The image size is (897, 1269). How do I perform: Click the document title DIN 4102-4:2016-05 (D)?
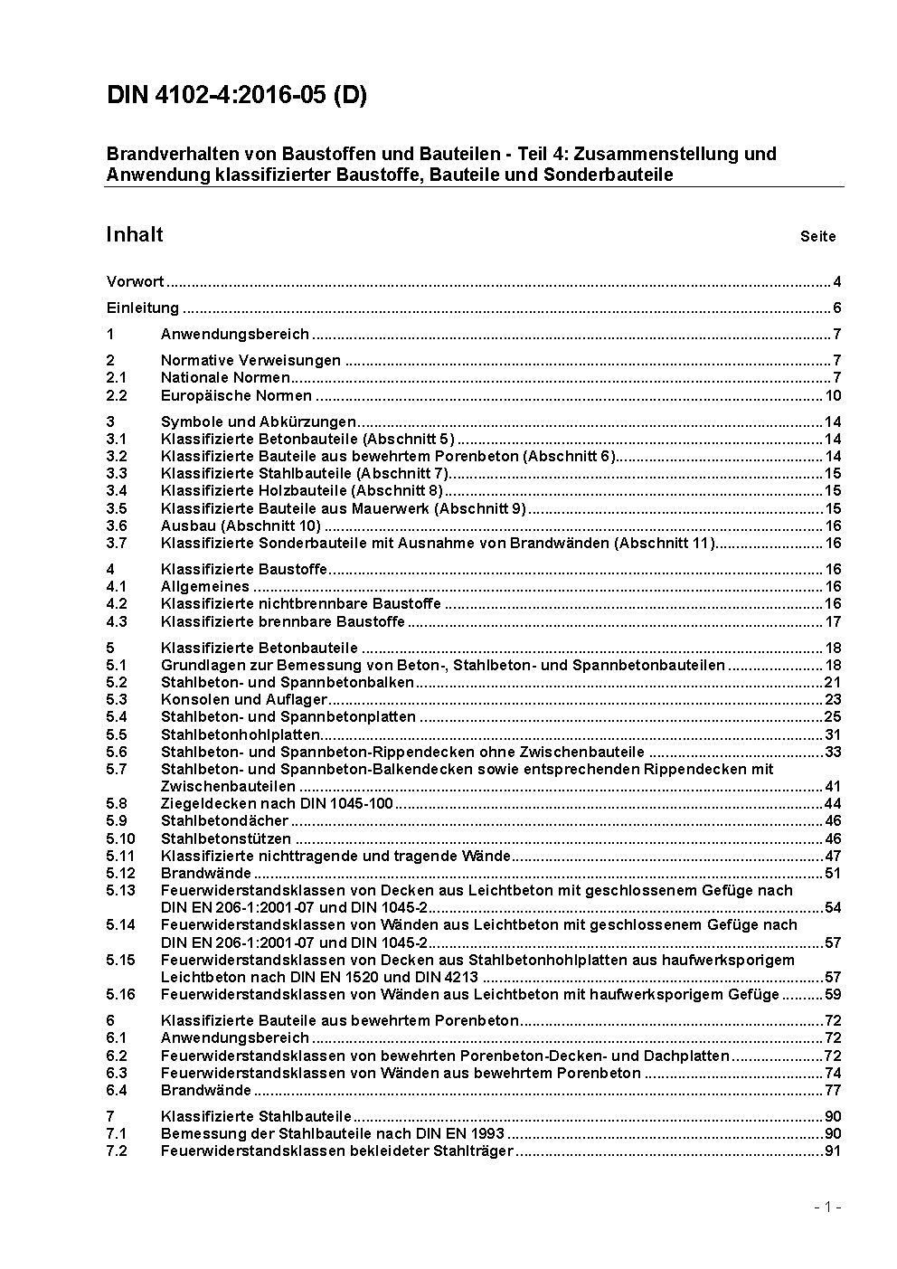[x=237, y=96]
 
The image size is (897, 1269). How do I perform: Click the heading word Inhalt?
[x=135, y=234]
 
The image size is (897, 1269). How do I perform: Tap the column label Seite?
[x=817, y=237]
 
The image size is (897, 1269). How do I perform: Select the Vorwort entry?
[x=135, y=281]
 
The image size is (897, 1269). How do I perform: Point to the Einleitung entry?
[x=142, y=308]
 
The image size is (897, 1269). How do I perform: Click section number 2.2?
[x=117, y=395]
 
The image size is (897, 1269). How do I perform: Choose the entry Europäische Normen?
[x=236, y=395]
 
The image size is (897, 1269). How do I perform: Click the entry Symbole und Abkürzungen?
[x=258, y=421]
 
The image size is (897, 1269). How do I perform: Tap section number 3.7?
[x=117, y=544]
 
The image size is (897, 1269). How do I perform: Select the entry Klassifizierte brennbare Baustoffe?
[x=282, y=621]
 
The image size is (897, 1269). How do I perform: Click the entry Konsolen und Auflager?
[x=243, y=699]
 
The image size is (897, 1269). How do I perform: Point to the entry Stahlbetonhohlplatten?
[x=240, y=734]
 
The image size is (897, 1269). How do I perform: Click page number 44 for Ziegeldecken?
[x=832, y=804]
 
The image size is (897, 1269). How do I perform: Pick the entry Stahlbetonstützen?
[x=225, y=838]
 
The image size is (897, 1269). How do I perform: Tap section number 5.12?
[x=120, y=873]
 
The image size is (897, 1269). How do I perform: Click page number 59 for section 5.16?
[x=832, y=995]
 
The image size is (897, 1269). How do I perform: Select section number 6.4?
[x=117, y=1090]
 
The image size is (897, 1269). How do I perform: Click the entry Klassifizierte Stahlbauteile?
[x=256, y=1116]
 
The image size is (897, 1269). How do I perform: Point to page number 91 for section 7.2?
[x=832, y=1151]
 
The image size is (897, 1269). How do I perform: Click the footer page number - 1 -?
[x=827, y=1207]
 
